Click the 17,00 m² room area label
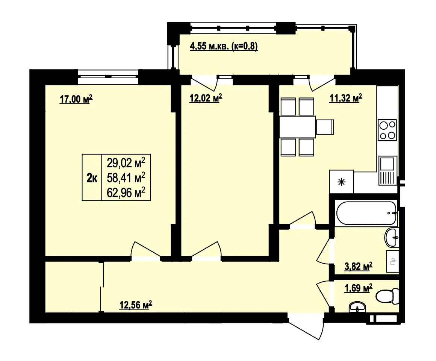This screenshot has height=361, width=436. (76, 99)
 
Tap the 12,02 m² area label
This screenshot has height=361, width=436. (206, 98)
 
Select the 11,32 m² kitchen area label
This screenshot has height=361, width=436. (346, 98)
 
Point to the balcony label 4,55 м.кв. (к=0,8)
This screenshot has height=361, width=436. (224, 46)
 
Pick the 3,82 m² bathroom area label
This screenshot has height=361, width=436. (359, 267)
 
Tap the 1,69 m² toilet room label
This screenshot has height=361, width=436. (359, 288)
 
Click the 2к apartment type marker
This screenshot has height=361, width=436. (92, 177)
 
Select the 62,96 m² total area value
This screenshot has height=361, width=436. (126, 193)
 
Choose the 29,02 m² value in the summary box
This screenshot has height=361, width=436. (126, 163)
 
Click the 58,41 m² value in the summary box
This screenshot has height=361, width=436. (126, 177)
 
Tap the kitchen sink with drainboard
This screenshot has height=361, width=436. (388, 170)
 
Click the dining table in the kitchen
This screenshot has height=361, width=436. (298, 127)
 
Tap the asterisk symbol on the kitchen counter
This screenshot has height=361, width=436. (341, 182)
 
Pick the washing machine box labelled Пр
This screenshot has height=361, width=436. (393, 261)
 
